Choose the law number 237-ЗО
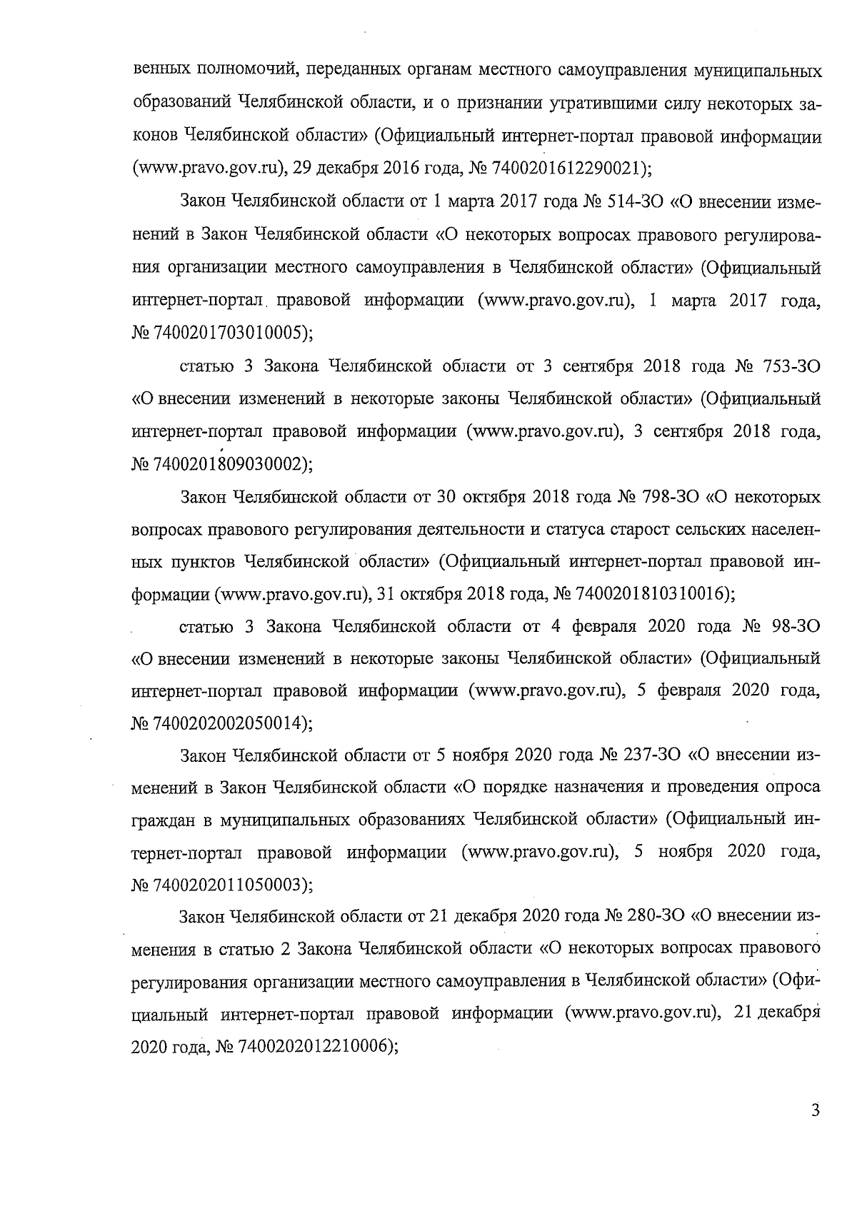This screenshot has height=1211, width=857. tap(646, 755)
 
